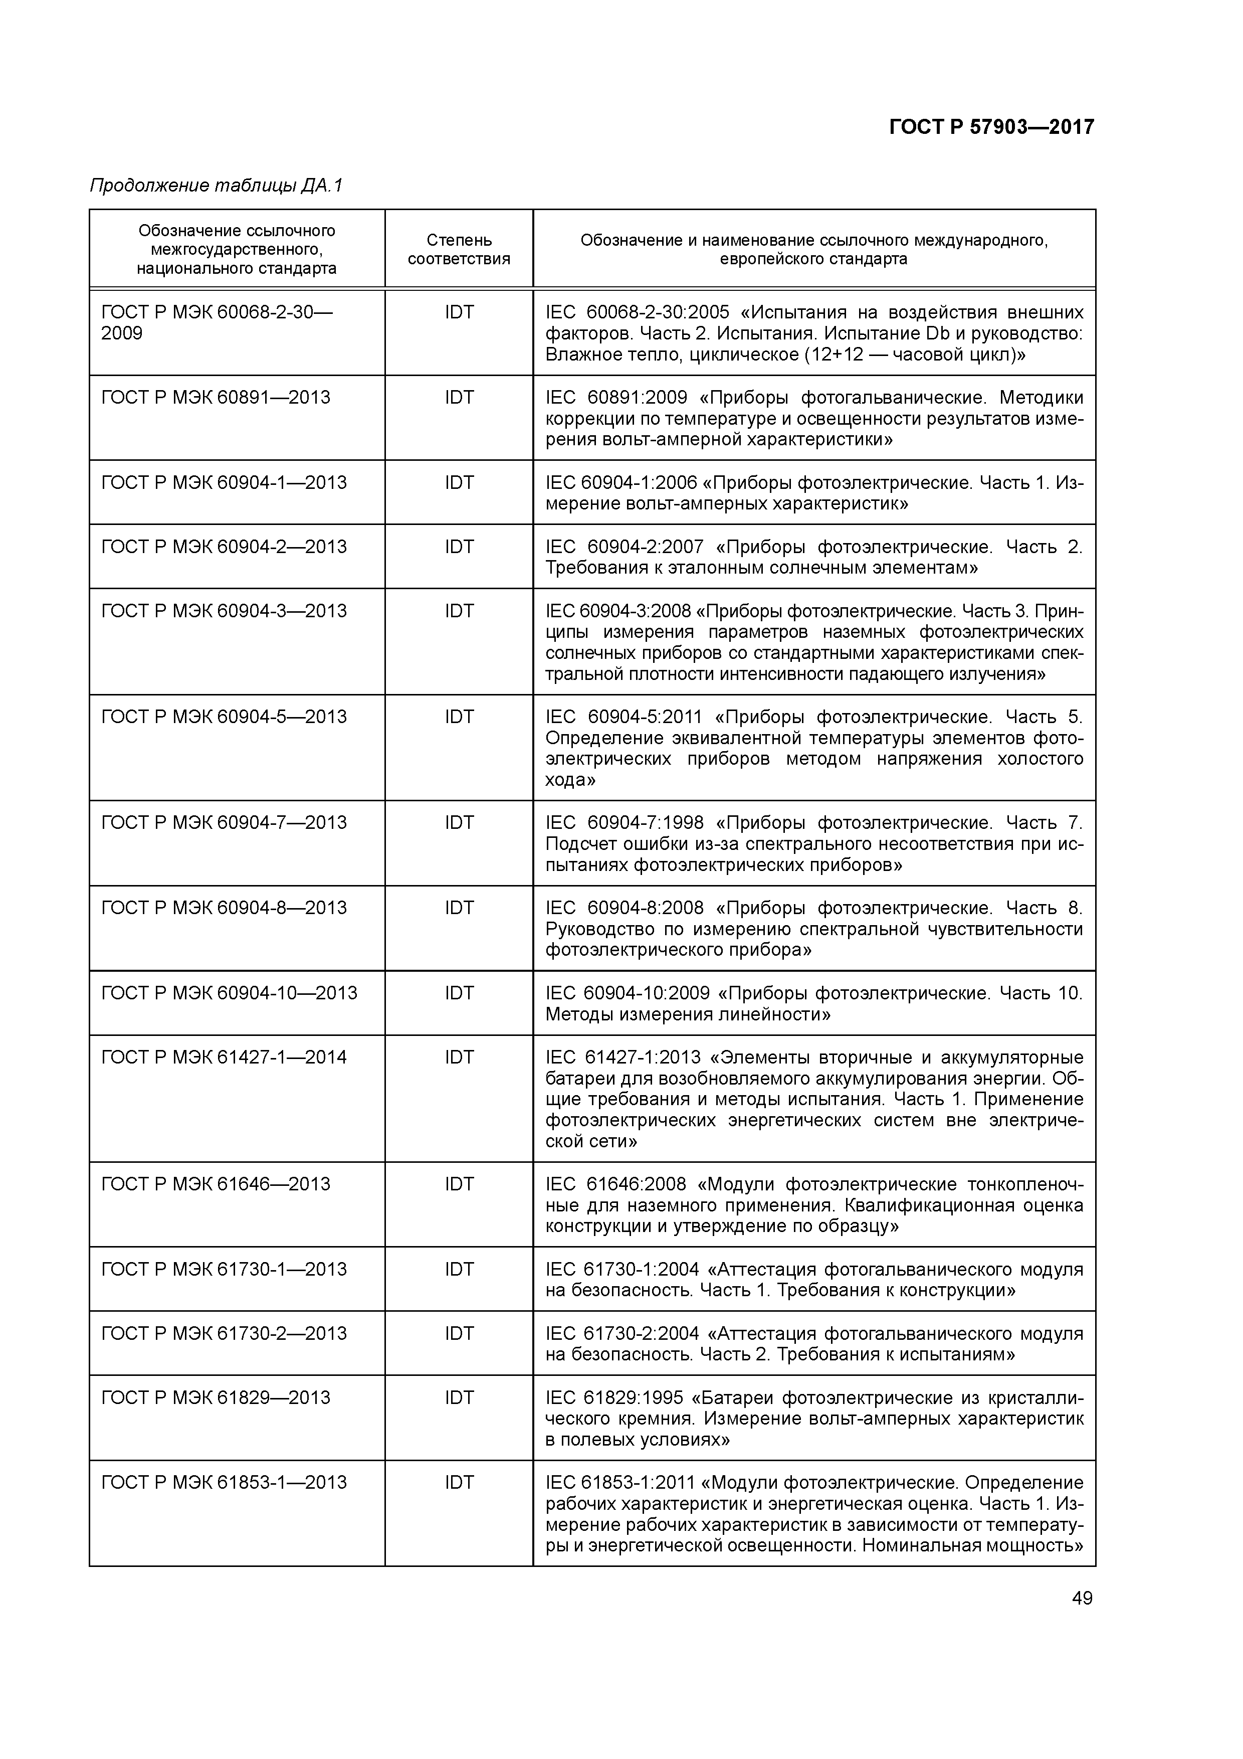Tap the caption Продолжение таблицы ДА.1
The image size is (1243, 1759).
[x=217, y=186]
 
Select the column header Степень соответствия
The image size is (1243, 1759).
[x=459, y=250]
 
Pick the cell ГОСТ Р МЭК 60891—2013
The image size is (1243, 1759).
[x=216, y=398]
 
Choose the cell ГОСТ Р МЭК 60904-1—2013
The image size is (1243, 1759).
[x=224, y=483]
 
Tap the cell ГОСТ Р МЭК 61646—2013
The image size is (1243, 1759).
[x=216, y=1184]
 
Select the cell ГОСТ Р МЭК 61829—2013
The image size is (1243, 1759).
[x=216, y=1397]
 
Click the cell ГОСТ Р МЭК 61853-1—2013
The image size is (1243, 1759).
[x=224, y=1482]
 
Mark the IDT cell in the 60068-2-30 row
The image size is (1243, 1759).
[x=459, y=312]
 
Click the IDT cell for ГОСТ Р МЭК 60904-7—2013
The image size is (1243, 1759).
[x=459, y=823]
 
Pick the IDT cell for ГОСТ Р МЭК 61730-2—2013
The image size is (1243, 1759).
[x=459, y=1334]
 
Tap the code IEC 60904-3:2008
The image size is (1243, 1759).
[x=617, y=611]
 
